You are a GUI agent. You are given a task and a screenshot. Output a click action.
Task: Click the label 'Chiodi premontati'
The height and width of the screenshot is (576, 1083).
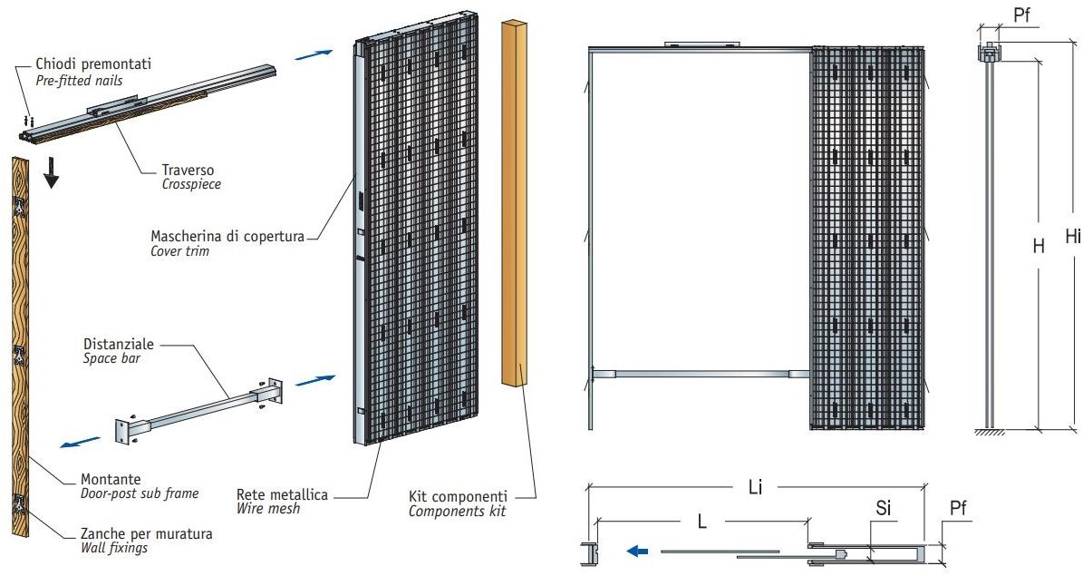(x=93, y=64)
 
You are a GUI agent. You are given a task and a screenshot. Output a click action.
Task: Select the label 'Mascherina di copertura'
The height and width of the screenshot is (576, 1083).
(x=227, y=236)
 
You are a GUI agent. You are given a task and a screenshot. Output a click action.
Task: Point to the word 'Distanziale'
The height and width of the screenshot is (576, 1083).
(x=119, y=345)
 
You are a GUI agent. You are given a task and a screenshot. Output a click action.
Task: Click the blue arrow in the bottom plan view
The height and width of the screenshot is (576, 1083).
(x=639, y=550)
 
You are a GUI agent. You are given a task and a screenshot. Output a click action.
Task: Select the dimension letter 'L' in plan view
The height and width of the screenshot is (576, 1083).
(x=702, y=521)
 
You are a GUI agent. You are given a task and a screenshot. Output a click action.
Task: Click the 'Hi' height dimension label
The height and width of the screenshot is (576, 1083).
(x=1072, y=237)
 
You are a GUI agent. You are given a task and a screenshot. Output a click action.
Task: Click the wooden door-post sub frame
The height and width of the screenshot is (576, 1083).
(x=21, y=345)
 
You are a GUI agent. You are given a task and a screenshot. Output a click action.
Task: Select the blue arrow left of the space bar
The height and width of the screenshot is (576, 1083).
(x=80, y=442)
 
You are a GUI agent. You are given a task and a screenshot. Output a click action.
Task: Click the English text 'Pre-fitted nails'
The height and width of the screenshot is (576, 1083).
(x=79, y=81)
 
